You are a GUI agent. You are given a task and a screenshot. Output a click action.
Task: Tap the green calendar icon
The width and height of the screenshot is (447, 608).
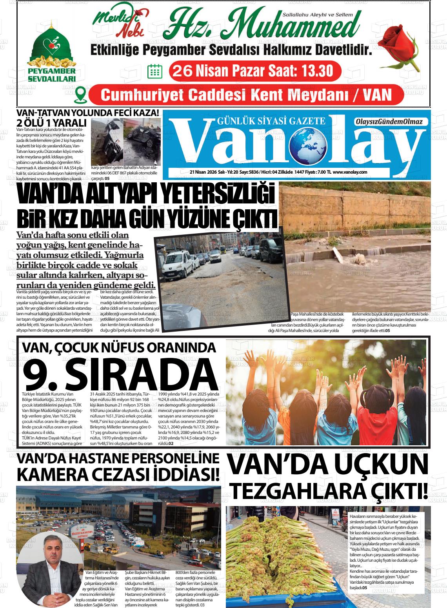point(154,71)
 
